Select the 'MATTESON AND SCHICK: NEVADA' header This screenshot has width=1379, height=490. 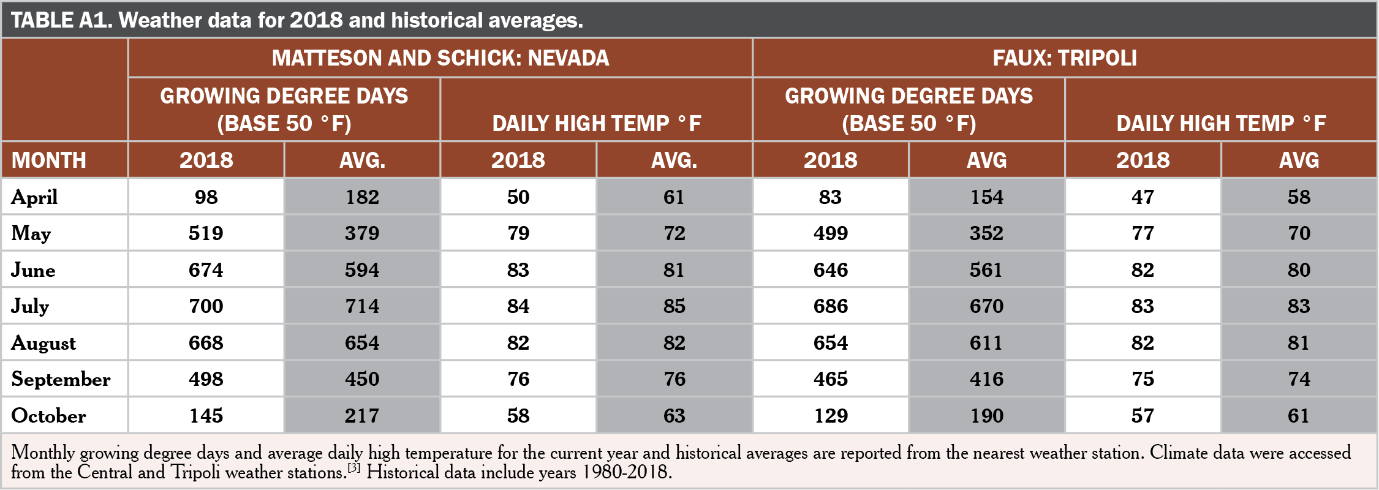point(440,58)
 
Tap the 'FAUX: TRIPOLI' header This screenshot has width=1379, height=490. point(1065,58)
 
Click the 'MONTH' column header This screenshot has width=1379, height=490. point(49,160)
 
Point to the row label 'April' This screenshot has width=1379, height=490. point(34,197)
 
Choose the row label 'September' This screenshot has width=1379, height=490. point(61,379)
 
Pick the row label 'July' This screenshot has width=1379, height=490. point(30,306)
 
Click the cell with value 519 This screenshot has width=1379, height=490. point(206,233)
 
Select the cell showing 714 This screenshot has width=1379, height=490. point(362,306)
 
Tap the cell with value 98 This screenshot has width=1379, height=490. point(206,197)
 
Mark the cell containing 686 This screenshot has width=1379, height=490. point(831,306)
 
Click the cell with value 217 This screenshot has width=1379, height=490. point(362,416)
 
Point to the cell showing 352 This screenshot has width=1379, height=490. point(986,233)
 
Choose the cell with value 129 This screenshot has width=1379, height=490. point(831,416)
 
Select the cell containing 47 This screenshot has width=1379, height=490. point(1143,197)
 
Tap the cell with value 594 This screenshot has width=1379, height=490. point(362,270)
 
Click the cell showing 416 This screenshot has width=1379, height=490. point(986,379)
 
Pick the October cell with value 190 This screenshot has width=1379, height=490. point(986,416)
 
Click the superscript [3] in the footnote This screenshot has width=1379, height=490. point(354,468)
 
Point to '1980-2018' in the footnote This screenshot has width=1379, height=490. point(624,472)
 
